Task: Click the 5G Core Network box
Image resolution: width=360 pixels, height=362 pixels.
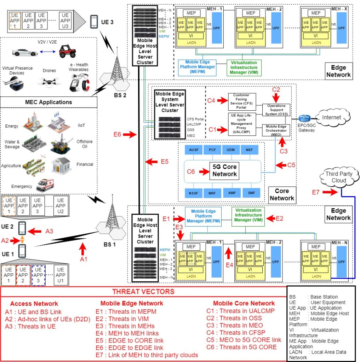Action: pyautogui.click(x=224, y=170)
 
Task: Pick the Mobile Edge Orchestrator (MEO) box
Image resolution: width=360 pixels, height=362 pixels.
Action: pyautogui.click(x=276, y=130)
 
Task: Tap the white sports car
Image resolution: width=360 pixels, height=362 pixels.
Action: pyautogui.click(x=25, y=52)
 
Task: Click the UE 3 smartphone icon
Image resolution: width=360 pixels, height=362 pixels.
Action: pyautogui.click(x=94, y=22)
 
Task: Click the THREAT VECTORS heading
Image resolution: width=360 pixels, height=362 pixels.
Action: pyautogui.click(x=143, y=292)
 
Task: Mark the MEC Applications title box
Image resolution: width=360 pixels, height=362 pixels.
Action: pyautogui.click(x=48, y=102)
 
